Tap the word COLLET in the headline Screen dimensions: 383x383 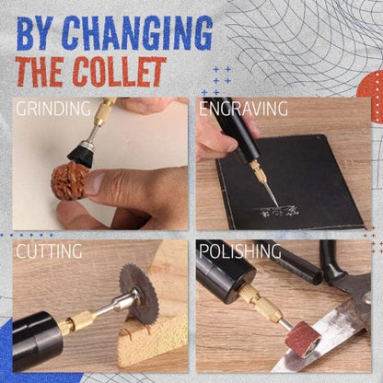[119, 71]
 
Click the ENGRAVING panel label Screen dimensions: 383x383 [243, 109]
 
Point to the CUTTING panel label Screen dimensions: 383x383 [49, 250]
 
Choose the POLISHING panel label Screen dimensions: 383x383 [241, 250]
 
